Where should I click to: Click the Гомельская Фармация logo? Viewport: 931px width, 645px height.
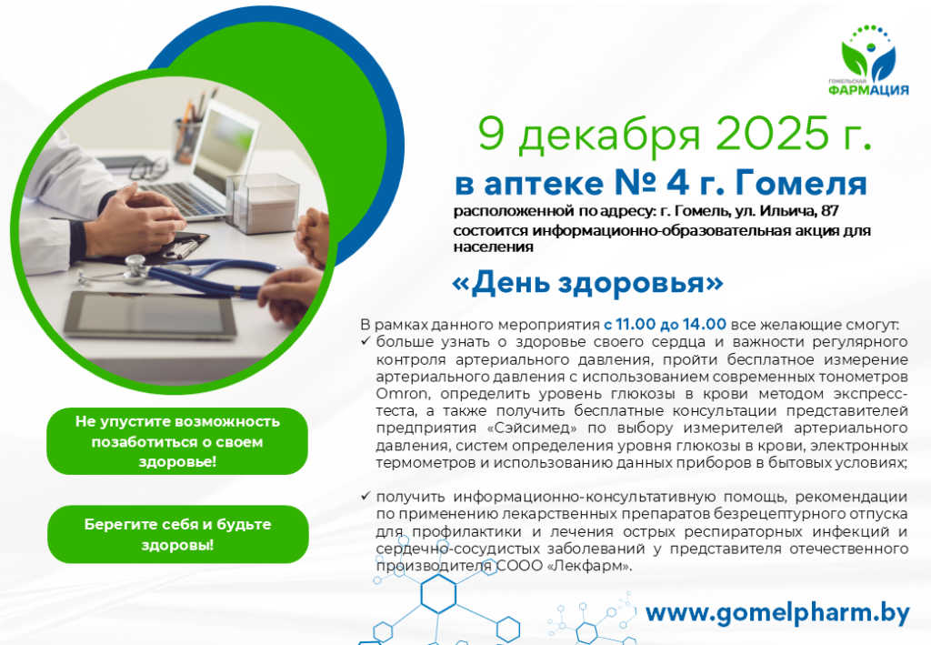pos(868,61)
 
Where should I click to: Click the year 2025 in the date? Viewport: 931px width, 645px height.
pos(771,133)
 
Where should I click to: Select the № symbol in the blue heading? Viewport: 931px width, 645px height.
pos(634,184)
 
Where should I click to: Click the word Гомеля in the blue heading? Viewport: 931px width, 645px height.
pos(802,184)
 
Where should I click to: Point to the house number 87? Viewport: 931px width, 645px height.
pos(829,211)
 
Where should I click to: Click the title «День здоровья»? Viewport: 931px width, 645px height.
pos(588,283)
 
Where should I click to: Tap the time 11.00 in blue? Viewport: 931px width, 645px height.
pos(636,324)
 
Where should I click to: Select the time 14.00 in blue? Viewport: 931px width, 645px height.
pos(705,324)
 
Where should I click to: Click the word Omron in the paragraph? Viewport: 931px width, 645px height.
pos(401,394)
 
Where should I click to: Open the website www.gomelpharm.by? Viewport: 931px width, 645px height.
pos(778,613)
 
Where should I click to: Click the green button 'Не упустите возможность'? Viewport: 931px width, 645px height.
pos(177,441)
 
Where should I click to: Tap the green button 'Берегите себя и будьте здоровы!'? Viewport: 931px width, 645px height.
pos(178,535)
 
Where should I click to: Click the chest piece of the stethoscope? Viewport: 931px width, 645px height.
pos(135,267)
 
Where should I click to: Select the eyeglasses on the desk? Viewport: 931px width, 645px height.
pos(148,169)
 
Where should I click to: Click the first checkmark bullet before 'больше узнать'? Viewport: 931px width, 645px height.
pos(365,341)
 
